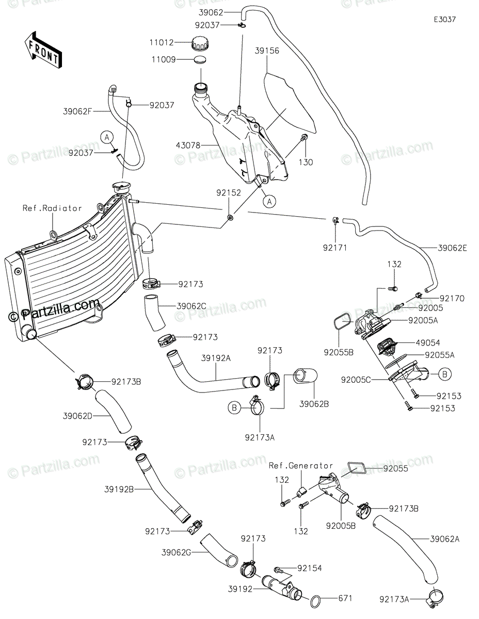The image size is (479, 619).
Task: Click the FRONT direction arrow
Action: [43, 51]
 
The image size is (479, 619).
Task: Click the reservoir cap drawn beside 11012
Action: [200, 43]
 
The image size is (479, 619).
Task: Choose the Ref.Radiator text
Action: [52, 208]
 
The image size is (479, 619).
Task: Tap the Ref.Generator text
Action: [301, 466]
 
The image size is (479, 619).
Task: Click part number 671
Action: [345, 598]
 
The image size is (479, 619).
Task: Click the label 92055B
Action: [339, 353]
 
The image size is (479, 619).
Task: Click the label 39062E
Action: [452, 248]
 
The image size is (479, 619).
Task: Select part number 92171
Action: [336, 248]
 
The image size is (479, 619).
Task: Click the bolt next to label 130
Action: [304, 137]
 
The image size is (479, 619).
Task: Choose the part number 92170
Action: [452, 298]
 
